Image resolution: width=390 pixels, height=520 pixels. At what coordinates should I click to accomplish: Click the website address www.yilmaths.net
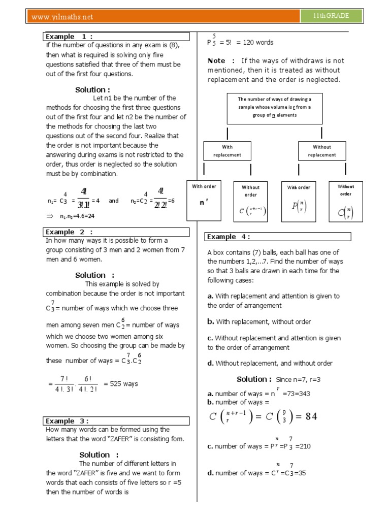click(62, 17)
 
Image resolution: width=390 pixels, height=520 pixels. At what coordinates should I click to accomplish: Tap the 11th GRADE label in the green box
click(332, 16)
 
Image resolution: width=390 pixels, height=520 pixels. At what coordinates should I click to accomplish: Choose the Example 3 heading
click(68, 421)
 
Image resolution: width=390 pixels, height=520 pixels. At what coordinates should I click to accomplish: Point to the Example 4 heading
click(229, 237)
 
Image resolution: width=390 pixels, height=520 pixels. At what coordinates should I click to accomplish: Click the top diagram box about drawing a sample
click(274, 107)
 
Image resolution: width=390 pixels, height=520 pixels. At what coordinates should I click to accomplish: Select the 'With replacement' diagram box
click(227, 151)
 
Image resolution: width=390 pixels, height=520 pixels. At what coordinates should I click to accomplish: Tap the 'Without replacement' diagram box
click(321, 151)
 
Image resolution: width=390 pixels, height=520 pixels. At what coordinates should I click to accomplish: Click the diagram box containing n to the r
click(204, 200)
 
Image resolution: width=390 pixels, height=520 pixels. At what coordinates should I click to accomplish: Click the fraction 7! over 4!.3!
click(63, 384)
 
